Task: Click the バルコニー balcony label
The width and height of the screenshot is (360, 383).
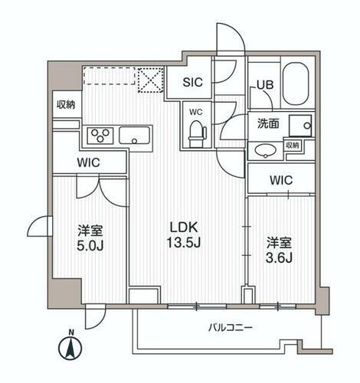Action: [231, 327]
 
